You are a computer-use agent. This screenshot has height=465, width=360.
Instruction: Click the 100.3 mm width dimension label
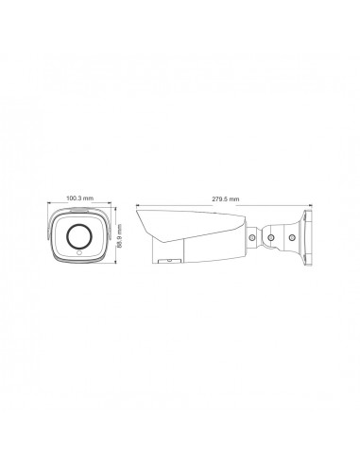tap(79, 198)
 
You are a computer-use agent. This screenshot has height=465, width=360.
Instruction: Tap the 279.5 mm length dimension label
tap(225, 198)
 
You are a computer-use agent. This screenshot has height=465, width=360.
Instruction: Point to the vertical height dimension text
tap(119, 236)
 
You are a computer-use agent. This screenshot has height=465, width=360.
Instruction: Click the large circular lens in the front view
tap(78, 236)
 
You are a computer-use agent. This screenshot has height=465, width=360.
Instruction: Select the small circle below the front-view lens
tap(78, 252)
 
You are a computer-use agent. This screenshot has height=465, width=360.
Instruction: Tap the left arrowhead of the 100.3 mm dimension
tap(49, 203)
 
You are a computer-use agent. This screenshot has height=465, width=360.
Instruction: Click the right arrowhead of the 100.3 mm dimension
tap(110, 203)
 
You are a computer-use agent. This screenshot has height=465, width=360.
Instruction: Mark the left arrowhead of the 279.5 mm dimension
tap(138, 206)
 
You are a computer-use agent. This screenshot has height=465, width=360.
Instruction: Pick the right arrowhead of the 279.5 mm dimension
tap(310, 206)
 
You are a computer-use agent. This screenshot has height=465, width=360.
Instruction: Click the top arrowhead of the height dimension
tap(115, 209)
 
